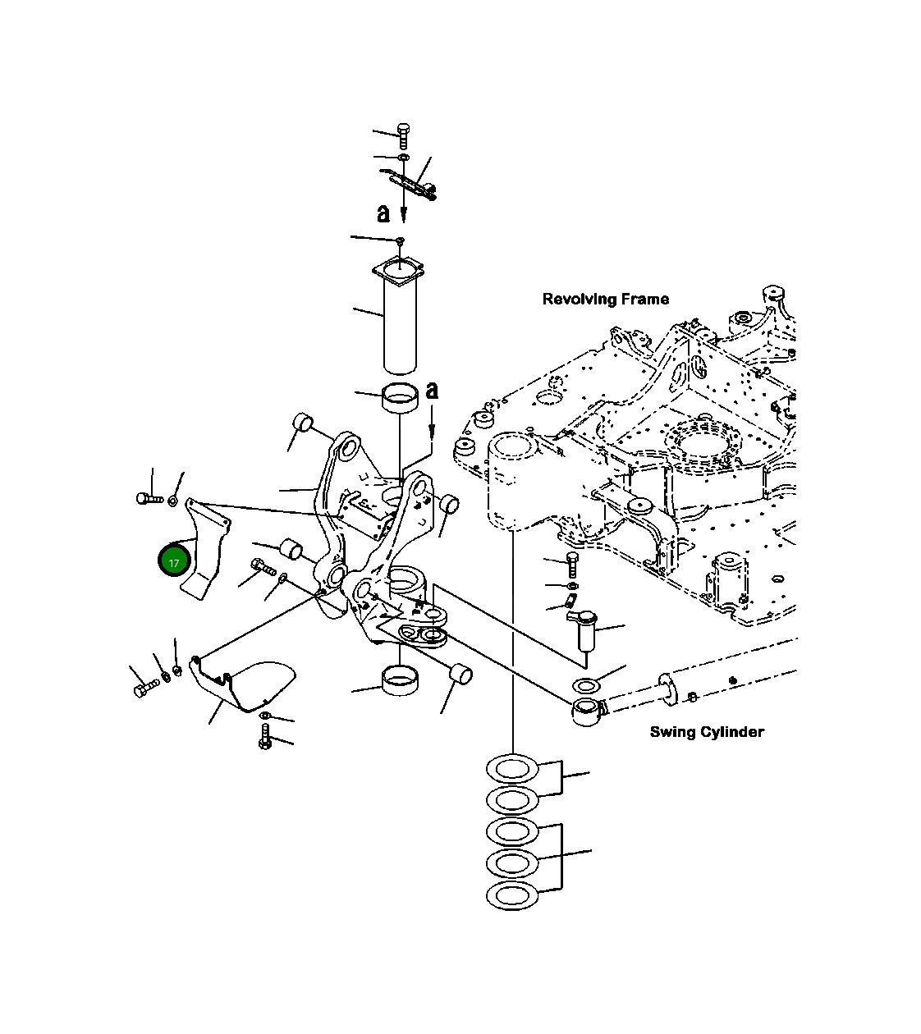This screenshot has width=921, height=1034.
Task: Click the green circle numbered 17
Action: pyautogui.click(x=174, y=561)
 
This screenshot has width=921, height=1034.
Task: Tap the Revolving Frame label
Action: pyautogui.click(x=605, y=300)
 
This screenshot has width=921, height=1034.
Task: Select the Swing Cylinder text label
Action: pyautogui.click(x=706, y=732)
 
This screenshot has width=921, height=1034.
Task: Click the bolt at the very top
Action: pyautogui.click(x=402, y=135)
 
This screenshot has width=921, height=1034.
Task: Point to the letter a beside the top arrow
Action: pyautogui.click(x=383, y=213)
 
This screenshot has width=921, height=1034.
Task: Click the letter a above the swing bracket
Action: pyautogui.click(x=432, y=391)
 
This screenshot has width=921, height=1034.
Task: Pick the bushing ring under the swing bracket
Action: pyautogui.click(x=399, y=681)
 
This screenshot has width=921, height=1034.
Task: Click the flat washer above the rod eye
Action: pyautogui.click(x=588, y=685)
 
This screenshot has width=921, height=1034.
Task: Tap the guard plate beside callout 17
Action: pyautogui.click(x=205, y=550)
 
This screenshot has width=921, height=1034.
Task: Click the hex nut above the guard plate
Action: pyautogui.click(x=173, y=500)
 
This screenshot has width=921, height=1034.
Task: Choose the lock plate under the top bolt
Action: pyautogui.click(x=409, y=182)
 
